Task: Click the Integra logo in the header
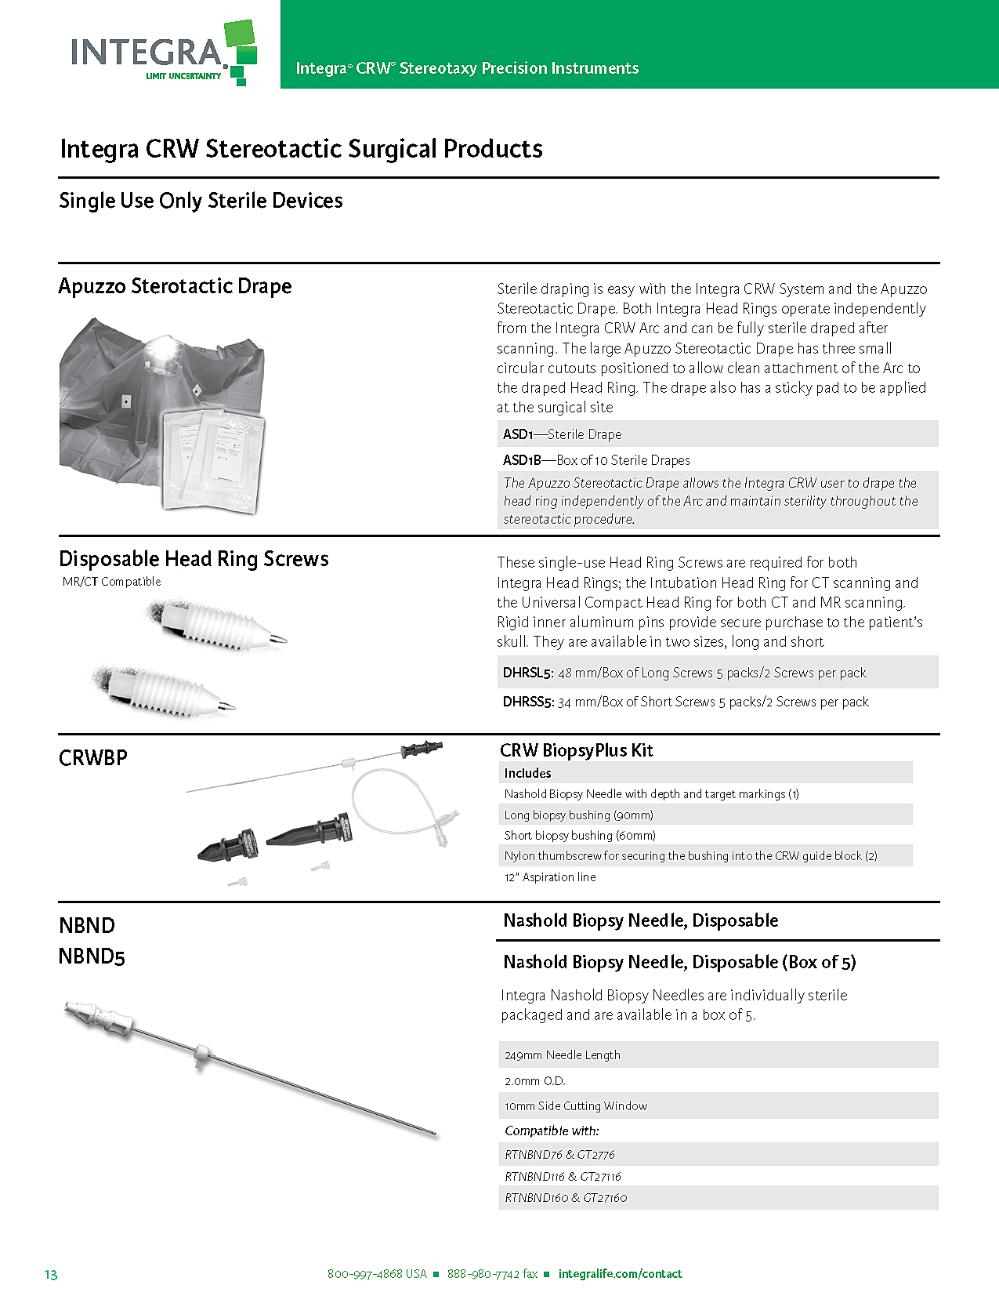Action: tap(164, 53)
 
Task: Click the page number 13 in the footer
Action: tap(51, 1275)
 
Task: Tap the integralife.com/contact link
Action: tap(620, 1274)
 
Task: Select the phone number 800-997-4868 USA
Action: tap(377, 1274)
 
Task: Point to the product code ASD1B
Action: tap(522, 460)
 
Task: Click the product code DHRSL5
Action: tap(528, 673)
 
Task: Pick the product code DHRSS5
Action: tap(528, 702)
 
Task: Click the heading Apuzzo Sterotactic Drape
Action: tap(175, 286)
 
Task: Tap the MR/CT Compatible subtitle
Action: tap(112, 582)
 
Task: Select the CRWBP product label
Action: tap(93, 758)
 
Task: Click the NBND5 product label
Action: tap(92, 956)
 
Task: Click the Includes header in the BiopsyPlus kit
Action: tap(527, 773)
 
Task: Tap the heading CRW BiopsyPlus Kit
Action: tap(576, 750)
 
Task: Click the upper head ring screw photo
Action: tap(217, 625)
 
